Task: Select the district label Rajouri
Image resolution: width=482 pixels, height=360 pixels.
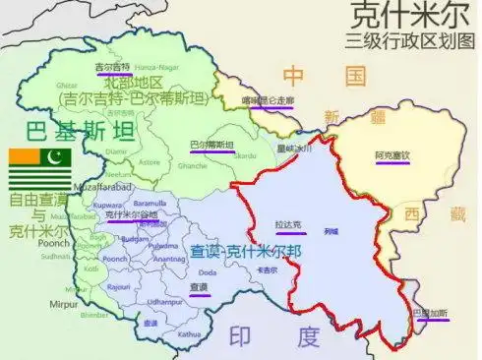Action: click(117, 285)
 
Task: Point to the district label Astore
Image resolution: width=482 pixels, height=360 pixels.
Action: click(151, 160)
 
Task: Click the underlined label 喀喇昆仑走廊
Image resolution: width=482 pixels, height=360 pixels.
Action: click(269, 100)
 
